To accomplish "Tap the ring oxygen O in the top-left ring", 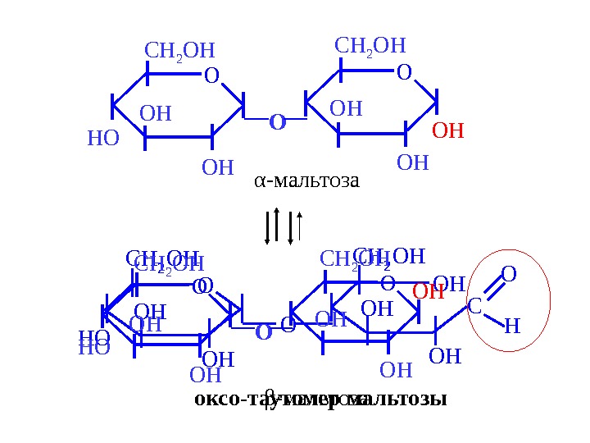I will [x=211, y=76].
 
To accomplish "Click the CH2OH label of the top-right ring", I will [x=370, y=46].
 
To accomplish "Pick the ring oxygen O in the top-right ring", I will [x=403, y=74].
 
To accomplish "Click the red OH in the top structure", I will [x=447, y=131].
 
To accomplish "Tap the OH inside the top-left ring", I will [x=156, y=113].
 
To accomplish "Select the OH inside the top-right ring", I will [x=345, y=109].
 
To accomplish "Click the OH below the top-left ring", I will [x=217, y=168].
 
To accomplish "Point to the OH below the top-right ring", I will [x=412, y=162].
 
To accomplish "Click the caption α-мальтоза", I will [x=306, y=180].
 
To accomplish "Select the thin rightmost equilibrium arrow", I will [x=302, y=226].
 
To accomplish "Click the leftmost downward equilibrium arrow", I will [x=267, y=226].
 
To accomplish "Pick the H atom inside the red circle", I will [x=511, y=327].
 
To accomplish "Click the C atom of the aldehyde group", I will [x=474, y=307].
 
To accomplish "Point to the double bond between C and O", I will [x=492, y=290].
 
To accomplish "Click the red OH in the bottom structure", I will [x=427, y=291].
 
